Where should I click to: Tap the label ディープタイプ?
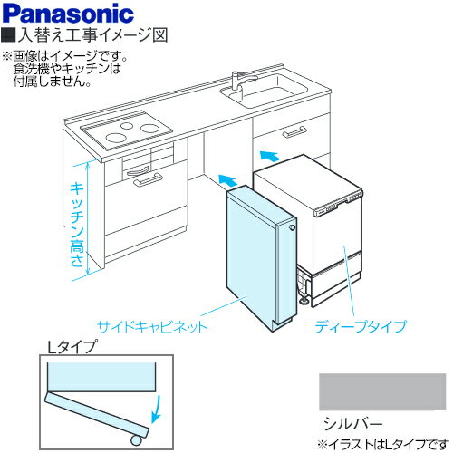pyautogui.click(x=361, y=323)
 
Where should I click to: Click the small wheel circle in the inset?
pyautogui.click(x=137, y=441)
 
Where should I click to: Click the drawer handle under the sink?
pyautogui.click(x=294, y=132)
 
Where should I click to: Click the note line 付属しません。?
pyautogui.click(x=52, y=81)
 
